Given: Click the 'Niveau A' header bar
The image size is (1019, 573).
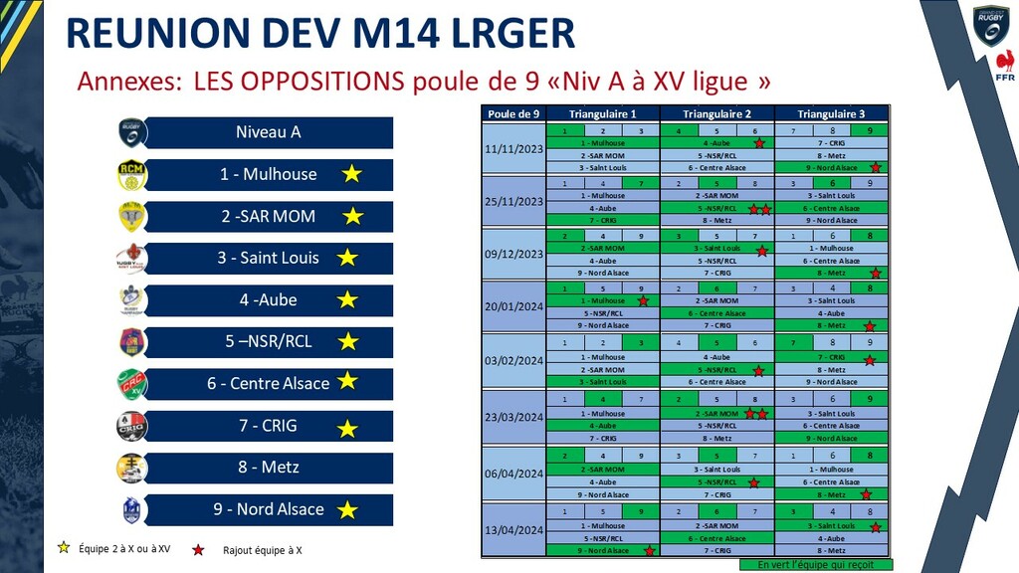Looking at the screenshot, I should (269, 132).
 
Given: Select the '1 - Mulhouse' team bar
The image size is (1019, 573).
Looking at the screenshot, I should (269, 174).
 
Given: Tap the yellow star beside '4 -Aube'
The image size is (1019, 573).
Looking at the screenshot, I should (347, 299).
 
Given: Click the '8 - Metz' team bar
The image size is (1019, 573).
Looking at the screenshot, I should (269, 468).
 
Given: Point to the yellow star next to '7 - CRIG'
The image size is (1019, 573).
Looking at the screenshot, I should (347, 429).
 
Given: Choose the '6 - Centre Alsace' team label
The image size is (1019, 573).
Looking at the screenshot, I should (268, 383).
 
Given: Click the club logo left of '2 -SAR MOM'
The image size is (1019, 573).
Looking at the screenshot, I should (132, 216).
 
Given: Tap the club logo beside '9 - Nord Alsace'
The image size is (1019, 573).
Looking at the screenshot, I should (132, 509).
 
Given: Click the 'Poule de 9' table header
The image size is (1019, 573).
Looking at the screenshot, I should (513, 113).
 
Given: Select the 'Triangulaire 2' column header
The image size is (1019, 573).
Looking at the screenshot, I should (715, 113).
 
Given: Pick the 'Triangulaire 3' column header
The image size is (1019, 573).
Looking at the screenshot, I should (831, 113).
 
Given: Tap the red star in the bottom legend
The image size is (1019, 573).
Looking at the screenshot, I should (198, 548).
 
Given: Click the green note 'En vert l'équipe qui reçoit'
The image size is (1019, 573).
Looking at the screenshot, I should (815, 565).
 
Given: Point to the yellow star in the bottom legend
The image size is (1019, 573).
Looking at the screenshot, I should (65, 547).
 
